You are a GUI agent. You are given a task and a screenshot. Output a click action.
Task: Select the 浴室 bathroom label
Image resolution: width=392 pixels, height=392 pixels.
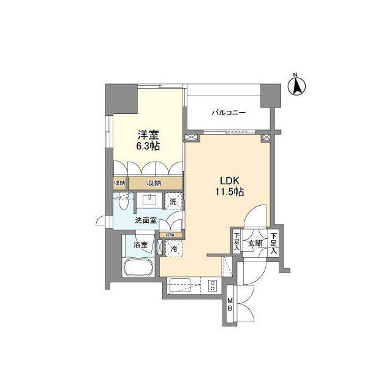[140, 245]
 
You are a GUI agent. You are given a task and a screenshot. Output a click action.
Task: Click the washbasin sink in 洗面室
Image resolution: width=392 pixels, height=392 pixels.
[149, 200]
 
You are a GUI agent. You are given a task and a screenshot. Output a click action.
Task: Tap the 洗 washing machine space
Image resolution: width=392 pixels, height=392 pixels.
[173, 200]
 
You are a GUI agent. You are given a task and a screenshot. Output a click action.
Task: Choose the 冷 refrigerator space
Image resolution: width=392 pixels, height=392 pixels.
[174, 249]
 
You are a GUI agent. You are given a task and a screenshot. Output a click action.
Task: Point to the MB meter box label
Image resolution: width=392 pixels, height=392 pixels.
[230, 303]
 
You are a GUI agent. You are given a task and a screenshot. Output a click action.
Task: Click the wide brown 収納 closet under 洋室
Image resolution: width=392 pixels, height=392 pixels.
[154, 183]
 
